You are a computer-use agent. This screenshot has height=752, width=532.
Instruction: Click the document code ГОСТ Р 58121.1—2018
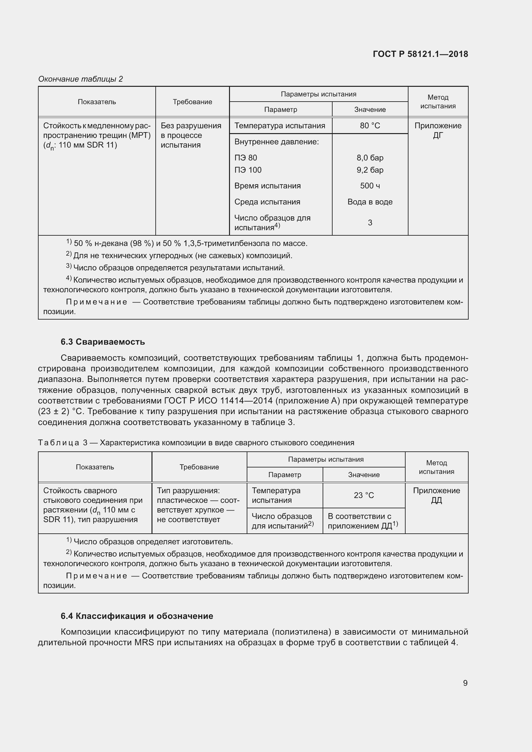[420, 54]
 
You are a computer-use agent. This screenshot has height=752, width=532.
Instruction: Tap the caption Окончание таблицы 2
[80, 79]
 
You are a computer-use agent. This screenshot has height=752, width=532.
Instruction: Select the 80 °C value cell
[370, 126]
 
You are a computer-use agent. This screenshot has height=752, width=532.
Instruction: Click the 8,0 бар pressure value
[370, 158]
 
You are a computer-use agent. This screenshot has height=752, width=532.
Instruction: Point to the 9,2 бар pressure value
[370, 170]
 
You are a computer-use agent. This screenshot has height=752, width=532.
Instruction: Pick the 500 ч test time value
[370, 186]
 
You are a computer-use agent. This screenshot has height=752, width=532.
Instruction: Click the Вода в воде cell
[370, 202]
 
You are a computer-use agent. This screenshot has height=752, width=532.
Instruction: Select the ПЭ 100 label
[248, 170]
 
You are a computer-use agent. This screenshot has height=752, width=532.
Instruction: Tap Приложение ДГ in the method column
[438, 130]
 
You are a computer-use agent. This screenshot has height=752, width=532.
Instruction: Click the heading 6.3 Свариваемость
[103, 342]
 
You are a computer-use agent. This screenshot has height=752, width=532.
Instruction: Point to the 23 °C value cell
[364, 495]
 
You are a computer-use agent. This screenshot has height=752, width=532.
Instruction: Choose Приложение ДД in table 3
[436, 495]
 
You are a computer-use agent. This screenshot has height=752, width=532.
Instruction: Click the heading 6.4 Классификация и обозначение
[137, 616]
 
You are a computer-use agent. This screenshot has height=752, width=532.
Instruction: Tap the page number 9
[465, 683]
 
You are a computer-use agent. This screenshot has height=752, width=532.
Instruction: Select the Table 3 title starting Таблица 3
[196, 443]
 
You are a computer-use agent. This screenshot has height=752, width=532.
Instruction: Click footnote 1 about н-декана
[187, 243]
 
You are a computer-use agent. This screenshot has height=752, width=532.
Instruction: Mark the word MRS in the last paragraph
[144, 642]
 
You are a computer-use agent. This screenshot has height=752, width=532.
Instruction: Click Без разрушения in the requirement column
[191, 126]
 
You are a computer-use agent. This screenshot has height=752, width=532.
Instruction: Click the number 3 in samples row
[370, 223]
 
